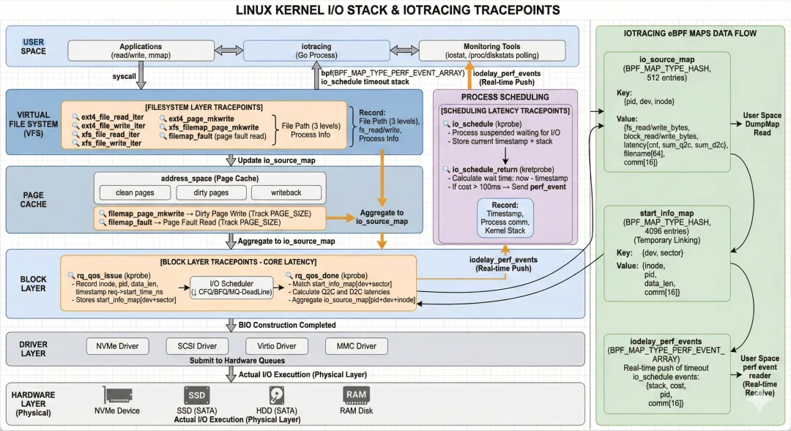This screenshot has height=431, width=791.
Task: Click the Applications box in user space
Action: pos(141,51)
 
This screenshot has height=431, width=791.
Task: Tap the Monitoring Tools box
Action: pos(491,51)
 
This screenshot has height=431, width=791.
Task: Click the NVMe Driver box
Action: pos(117,346)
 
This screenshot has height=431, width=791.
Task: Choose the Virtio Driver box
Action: pos(271,346)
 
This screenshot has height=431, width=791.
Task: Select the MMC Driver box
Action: pos(355,346)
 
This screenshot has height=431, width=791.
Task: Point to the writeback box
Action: pos(286,193)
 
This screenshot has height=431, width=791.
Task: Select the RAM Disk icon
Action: pos(356,395)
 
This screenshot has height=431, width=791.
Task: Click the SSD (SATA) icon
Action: pos(197,396)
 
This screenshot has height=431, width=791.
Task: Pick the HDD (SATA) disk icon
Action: pos(276,396)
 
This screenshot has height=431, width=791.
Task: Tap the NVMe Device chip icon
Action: pos(119,395)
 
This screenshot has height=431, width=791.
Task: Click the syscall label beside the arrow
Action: pos(124,76)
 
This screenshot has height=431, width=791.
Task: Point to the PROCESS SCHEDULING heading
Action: pos(505,97)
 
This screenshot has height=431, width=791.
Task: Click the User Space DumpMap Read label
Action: pos(761,124)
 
